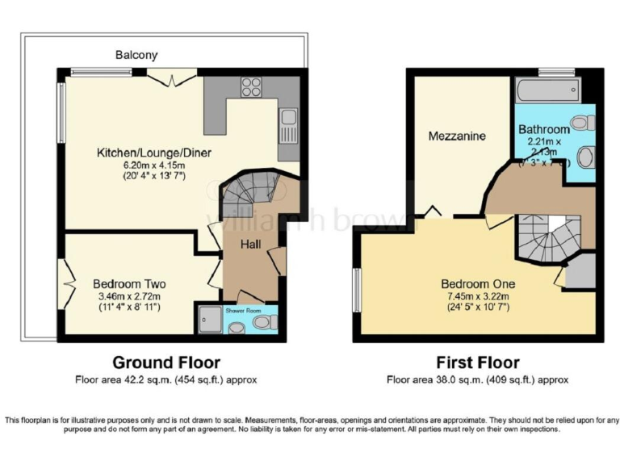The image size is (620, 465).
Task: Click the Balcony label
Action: pyautogui.click(x=136, y=56)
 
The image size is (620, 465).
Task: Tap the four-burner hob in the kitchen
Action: pyautogui.click(x=251, y=85)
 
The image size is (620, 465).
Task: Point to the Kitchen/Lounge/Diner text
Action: pyautogui.click(x=141, y=153)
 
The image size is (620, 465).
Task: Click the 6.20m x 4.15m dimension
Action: pyautogui.click(x=141, y=164)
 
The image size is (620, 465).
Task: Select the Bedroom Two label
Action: pyautogui.click(x=129, y=284)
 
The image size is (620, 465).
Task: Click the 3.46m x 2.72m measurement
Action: pyautogui.click(x=129, y=296)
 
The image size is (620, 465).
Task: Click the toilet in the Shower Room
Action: pyautogui.click(x=262, y=322)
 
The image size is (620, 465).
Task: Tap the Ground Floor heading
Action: pyautogui.click(x=165, y=362)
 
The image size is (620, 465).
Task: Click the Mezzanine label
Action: pyautogui.click(x=457, y=136)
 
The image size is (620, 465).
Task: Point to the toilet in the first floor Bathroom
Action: pyautogui.click(x=587, y=123)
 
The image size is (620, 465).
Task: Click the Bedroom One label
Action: pyautogui.click(x=478, y=284)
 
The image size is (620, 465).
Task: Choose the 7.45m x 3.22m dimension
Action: pyautogui.click(x=478, y=296)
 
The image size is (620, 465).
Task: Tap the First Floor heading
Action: pyautogui.click(x=477, y=362)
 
